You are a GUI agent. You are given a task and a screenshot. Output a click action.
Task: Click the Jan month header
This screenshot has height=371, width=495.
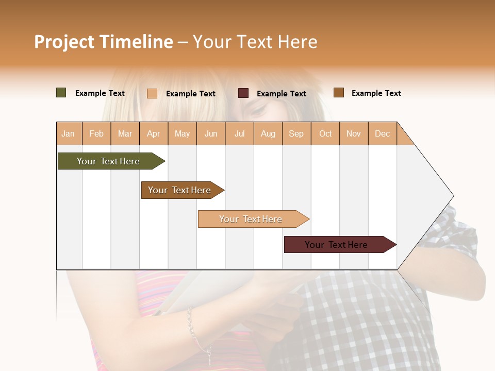pyautogui.click(x=68, y=133)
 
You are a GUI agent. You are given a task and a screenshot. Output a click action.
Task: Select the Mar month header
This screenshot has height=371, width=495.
pyautogui.click(x=125, y=133)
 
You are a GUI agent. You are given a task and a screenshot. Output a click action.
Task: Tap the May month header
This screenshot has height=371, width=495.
pyautogui.click(x=182, y=133)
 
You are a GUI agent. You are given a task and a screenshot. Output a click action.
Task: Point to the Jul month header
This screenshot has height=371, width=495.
pyautogui.click(x=239, y=133)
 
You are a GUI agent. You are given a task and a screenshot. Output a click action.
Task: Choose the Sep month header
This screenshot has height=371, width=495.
pyautogui.click(x=296, y=133)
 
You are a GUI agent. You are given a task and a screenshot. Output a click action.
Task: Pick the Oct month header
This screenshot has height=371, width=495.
pyautogui.click(x=325, y=133)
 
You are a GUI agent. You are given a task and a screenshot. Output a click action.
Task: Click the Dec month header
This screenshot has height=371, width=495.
pyautogui.click(x=382, y=133)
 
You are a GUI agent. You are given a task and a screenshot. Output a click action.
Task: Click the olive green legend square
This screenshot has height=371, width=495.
pyautogui.click(x=61, y=93)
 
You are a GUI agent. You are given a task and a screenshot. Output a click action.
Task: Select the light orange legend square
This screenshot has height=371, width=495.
pyautogui.click(x=152, y=93)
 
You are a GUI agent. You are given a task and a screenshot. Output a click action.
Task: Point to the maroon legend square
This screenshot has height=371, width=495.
pyautogui.click(x=243, y=93)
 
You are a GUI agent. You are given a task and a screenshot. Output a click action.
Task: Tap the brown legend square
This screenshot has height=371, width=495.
pyautogui.click(x=338, y=93)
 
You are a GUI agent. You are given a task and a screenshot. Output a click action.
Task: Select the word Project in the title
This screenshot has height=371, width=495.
pyautogui.click(x=64, y=42)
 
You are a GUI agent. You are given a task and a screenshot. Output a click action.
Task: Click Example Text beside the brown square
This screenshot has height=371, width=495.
pyautogui.click(x=376, y=93)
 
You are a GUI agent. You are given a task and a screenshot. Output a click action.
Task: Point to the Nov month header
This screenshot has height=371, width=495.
pyautogui.click(x=354, y=133)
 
